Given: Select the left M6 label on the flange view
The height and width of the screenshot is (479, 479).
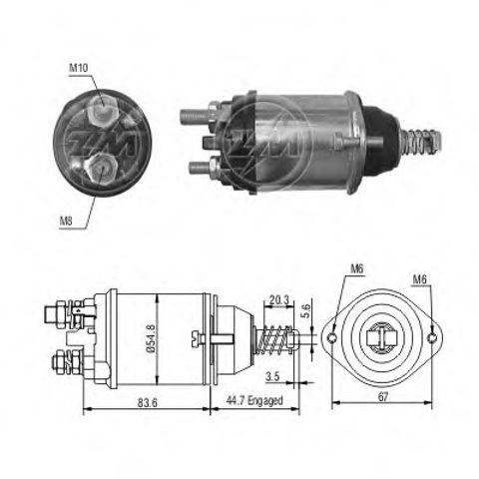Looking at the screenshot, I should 357,266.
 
